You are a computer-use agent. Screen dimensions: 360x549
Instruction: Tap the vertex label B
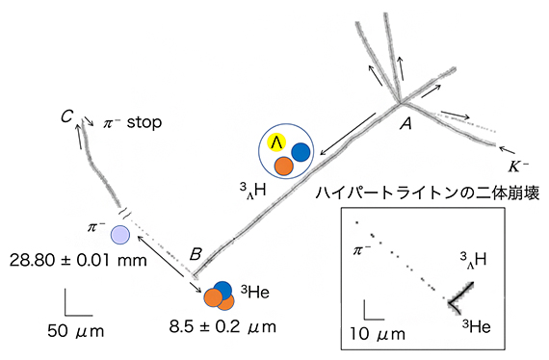pos(196,254)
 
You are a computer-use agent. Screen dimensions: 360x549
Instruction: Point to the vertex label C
pos(65,117)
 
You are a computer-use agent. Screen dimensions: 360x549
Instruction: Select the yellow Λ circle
pos(277,142)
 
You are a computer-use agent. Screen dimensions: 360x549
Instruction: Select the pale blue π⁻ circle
pos(119,234)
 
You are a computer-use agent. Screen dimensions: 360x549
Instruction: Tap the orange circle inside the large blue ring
pos(283,166)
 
